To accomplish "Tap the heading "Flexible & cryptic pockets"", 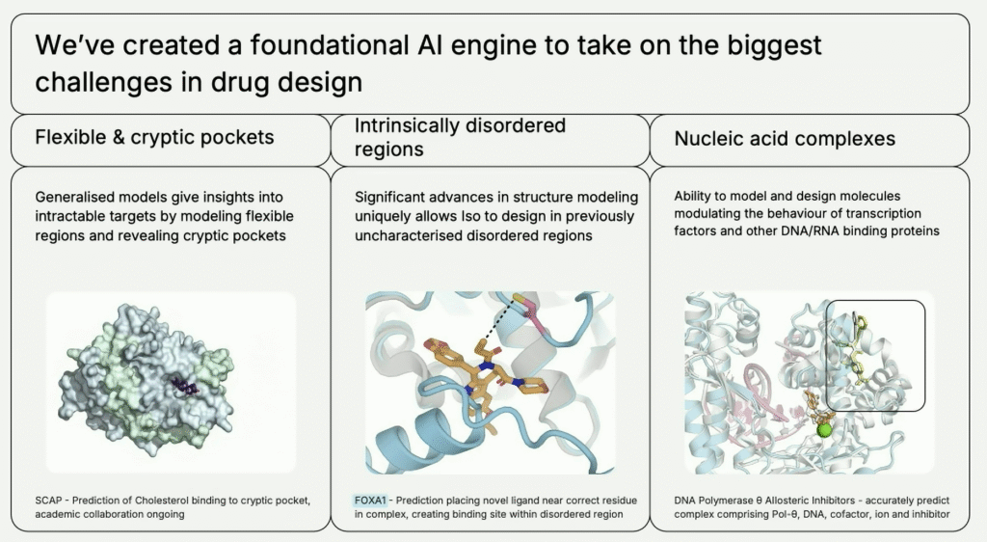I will pyautogui.click(x=154, y=137).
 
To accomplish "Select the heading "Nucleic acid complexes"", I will pyautogui.click(x=785, y=139).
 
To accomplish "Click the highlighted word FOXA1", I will pyautogui.click(x=369, y=501).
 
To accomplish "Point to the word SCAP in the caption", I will pyautogui.click(x=46, y=501).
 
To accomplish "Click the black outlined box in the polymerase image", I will pyautogui.click(x=876, y=354).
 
